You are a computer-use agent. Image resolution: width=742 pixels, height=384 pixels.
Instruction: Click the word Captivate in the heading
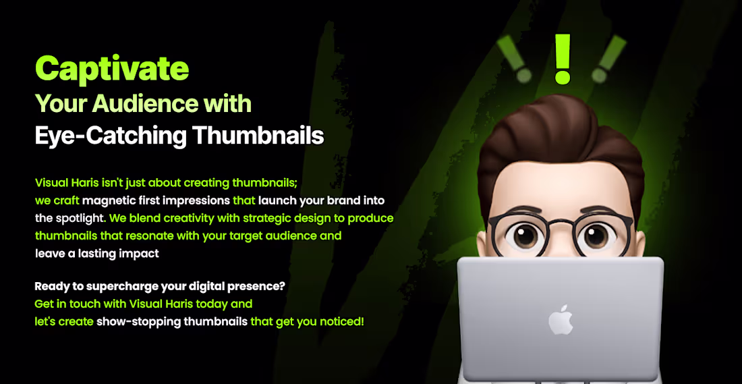[112, 68]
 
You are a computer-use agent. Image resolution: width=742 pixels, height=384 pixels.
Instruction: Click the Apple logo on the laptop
[561, 319]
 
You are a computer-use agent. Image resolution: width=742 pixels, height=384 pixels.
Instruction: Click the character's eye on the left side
[525, 236]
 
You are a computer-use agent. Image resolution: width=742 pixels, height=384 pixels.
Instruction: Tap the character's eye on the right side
[597, 236]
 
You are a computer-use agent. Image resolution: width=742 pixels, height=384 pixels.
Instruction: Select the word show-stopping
[138, 322]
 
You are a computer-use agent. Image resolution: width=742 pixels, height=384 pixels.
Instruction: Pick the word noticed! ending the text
[342, 322]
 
